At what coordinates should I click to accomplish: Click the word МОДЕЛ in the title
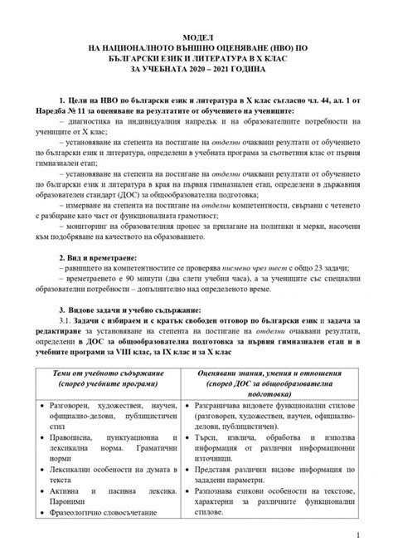[x=196, y=38]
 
